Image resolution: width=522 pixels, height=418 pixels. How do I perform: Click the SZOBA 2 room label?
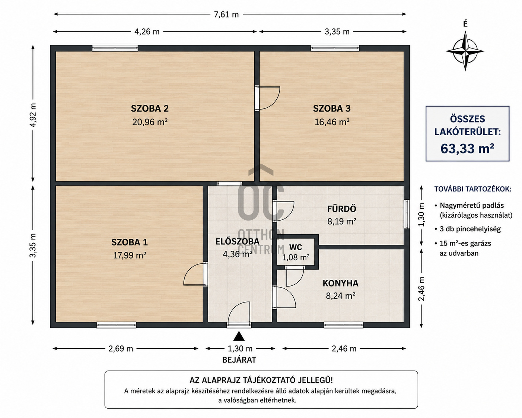[x=150, y=108]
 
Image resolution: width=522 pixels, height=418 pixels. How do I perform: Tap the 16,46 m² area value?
[x=332, y=121]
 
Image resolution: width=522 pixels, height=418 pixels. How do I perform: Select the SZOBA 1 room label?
[x=129, y=242]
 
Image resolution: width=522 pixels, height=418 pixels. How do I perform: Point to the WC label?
[x=296, y=247]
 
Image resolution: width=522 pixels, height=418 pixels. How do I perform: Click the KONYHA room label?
[x=340, y=283]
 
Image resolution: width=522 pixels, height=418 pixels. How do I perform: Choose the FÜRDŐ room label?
[x=341, y=209]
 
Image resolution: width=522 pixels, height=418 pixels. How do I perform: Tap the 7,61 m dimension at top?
[x=226, y=14]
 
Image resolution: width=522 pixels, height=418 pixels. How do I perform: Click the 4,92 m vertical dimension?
[x=33, y=115]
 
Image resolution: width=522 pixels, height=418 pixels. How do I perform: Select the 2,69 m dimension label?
[x=121, y=349]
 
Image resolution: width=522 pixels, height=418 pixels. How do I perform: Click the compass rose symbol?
[x=465, y=51]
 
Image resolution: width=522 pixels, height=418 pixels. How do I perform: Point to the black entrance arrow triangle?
[x=239, y=336]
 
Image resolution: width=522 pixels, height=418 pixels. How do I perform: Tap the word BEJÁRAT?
[x=239, y=360]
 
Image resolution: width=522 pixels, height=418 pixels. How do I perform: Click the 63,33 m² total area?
[x=467, y=148]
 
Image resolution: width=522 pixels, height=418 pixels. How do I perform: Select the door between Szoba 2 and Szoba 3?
[x=267, y=98]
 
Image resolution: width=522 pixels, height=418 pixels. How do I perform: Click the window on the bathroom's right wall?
[x=407, y=214]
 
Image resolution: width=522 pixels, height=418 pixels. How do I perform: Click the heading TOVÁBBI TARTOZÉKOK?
[x=473, y=189]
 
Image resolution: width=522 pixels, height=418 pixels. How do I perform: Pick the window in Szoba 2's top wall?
[x=115, y=48]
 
